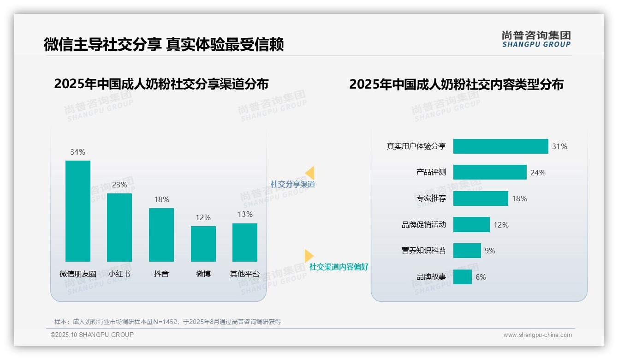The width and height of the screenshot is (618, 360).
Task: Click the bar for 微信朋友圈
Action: point(78,211)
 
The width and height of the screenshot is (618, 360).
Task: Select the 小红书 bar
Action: point(119,227)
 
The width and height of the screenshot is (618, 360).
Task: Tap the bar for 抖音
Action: point(161,234)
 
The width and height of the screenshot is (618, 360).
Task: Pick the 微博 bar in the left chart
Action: point(203,244)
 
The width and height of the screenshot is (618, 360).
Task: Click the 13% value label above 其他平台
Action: point(245,214)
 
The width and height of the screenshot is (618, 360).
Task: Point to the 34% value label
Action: point(77,152)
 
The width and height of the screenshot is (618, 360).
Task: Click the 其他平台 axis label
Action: point(245,274)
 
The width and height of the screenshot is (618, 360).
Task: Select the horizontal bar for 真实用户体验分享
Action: point(500,146)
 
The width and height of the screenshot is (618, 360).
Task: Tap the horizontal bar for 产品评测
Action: point(489,172)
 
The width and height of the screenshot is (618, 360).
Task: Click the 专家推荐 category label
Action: point(431,198)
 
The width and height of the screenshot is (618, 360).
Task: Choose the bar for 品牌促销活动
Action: point(471,225)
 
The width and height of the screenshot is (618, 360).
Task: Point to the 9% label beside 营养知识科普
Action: point(490,251)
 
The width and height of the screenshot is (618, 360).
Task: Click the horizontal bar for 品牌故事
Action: point(462,277)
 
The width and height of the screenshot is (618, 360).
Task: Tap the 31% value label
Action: point(559,146)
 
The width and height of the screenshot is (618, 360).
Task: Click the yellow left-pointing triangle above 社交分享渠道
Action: point(310,173)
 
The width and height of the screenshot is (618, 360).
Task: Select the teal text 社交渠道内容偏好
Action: point(339,267)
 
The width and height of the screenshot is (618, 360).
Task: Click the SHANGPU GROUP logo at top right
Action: point(536,39)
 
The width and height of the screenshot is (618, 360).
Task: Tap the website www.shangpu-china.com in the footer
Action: point(537,335)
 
